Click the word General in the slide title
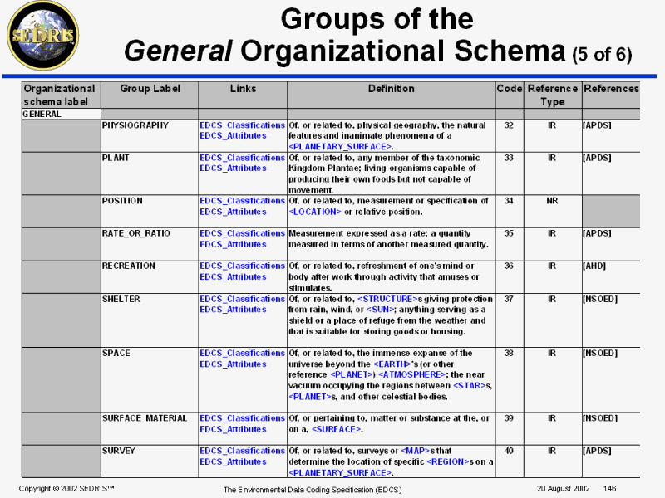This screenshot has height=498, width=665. click(175, 52)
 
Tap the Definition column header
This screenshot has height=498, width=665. click(391, 88)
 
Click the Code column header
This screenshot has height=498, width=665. click(509, 88)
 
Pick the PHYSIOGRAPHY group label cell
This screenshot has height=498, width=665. click(135, 125)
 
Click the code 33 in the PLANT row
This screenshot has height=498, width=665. click(509, 158)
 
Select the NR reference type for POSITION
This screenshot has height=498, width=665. click(552, 201)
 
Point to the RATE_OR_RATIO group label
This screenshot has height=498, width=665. click(135, 233)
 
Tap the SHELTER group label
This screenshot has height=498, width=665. click(121, 299)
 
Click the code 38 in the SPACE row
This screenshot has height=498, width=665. click(509, 353)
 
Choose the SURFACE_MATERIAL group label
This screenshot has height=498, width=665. click(145, 418)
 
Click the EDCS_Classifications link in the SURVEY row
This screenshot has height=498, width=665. click(242, 451)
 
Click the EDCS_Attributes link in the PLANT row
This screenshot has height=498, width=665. click(233, 168)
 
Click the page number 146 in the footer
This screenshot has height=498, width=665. click(609, 487)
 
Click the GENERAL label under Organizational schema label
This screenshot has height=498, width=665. click(42, 114)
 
